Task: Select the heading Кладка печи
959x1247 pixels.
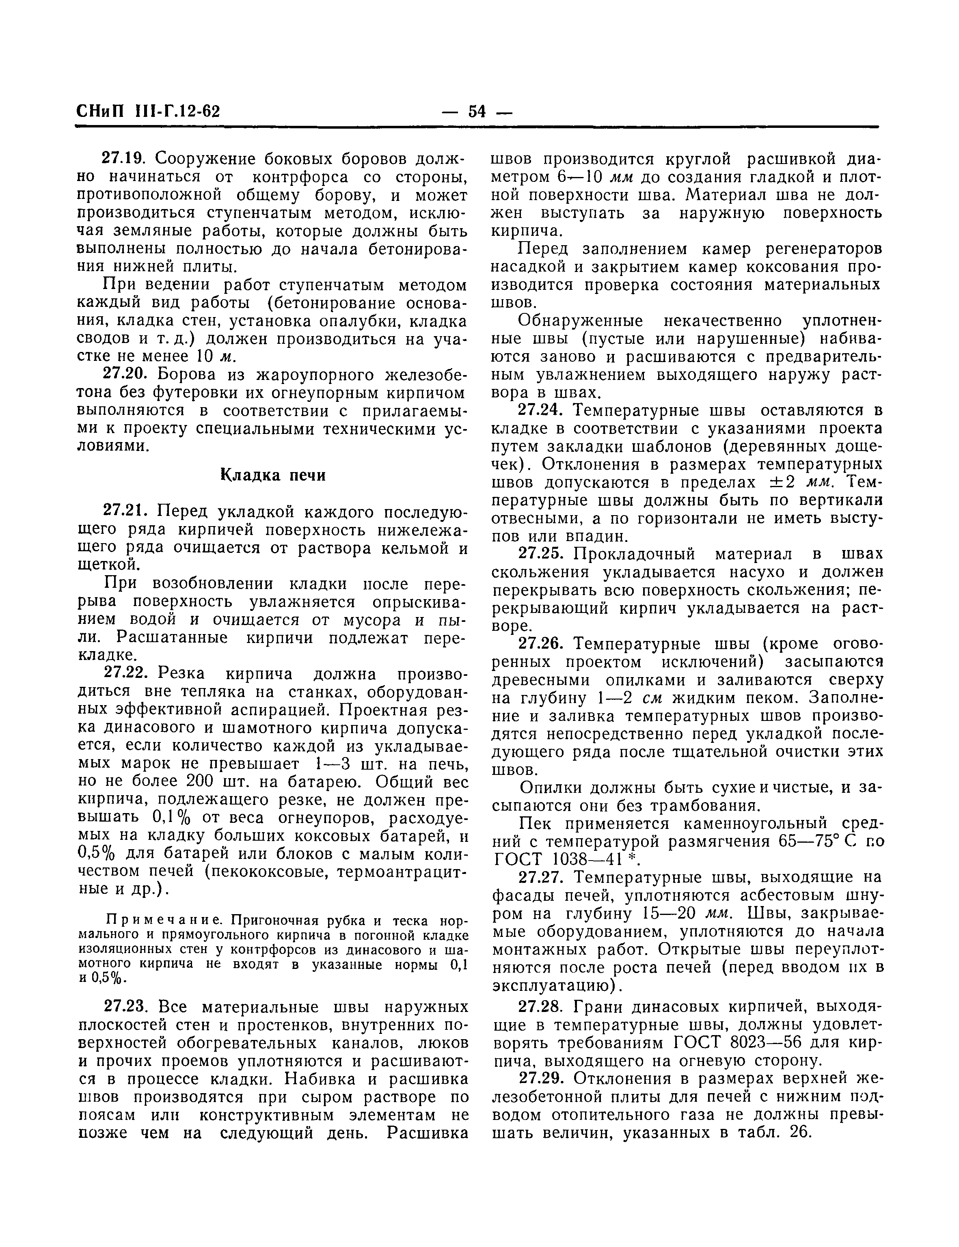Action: pos(273,475)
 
